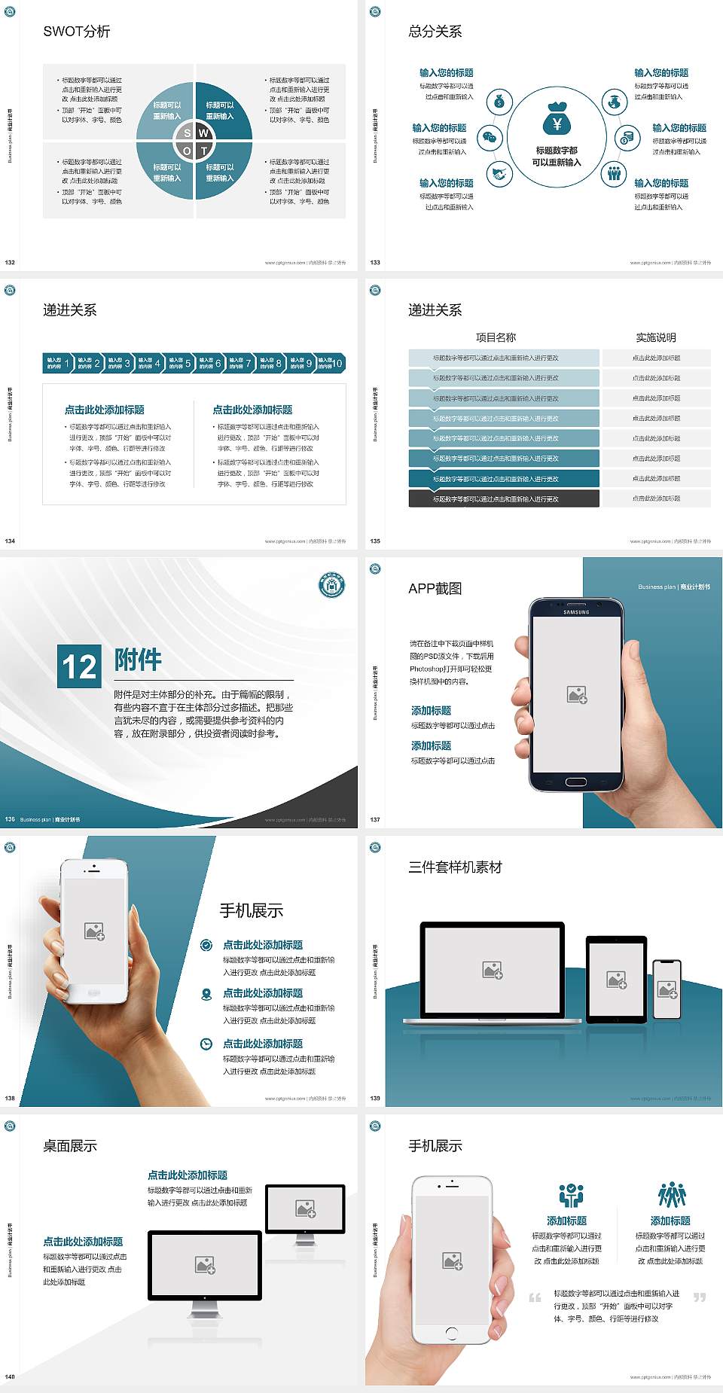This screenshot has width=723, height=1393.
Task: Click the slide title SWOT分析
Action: point(77,32)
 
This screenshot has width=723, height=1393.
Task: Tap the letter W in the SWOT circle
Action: point(203,133)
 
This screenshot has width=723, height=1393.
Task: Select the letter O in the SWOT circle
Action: point(188,151)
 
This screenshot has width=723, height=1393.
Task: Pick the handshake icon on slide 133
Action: point(499,174)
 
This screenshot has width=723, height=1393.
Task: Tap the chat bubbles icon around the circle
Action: point(490,138)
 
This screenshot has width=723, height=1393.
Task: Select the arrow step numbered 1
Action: point(58,363)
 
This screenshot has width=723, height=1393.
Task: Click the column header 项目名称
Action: point(496,337)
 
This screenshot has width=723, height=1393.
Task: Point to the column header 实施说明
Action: point(656,337)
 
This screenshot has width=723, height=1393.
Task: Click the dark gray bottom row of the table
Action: point(504,498)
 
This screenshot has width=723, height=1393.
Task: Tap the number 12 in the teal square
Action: point(79,666)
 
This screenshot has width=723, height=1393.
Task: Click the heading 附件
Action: point(138,660)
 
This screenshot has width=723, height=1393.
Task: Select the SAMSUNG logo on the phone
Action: point(576,612)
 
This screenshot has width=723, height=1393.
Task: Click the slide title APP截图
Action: point(435,589)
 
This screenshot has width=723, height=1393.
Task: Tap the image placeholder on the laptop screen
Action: point(493,970)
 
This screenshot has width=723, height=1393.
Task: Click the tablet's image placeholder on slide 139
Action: point(617,980)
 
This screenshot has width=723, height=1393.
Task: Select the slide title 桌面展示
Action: point(70,1146)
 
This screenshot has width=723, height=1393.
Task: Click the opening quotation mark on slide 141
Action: point(535,1297)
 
